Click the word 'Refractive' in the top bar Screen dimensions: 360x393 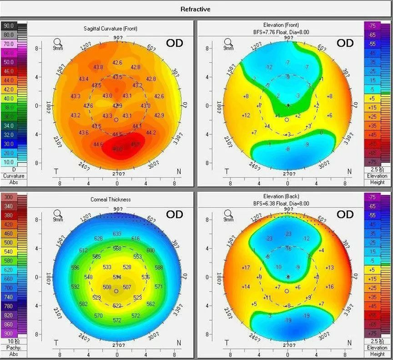point(196,9)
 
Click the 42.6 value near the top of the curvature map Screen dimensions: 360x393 point(117,63)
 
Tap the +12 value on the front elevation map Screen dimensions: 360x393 point(247,115)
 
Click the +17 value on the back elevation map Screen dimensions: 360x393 point(246,268)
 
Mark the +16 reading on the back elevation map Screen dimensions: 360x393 point(329,287)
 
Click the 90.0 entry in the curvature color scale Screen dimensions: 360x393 point(9,26)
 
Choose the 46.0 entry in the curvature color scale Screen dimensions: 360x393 point(9,70)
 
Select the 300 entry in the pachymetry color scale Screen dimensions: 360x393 point(9,197)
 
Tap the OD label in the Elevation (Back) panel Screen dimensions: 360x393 point(343,214)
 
